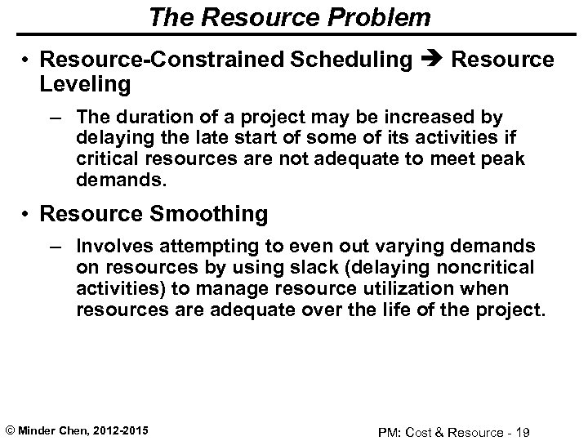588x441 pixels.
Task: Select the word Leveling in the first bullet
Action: click(86, 83)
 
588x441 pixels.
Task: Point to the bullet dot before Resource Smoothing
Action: click(26, 214)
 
